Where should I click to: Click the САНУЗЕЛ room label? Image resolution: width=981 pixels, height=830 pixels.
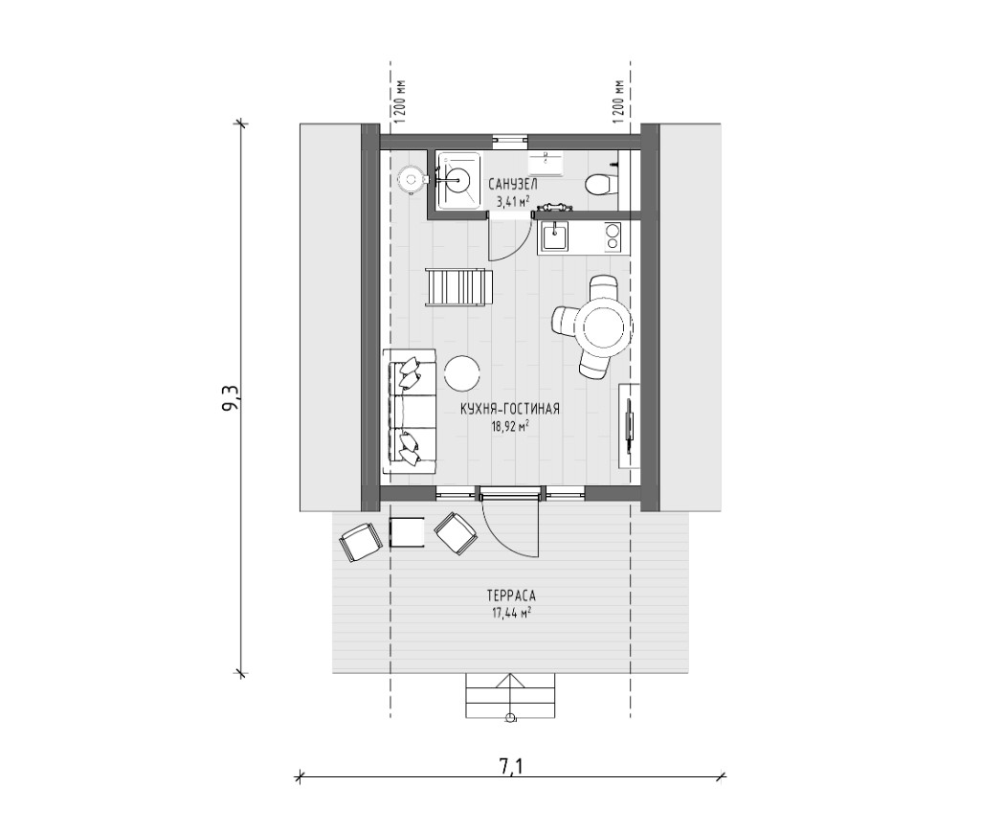(512, 185)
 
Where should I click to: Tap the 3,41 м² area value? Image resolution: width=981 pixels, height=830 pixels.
(513, 201)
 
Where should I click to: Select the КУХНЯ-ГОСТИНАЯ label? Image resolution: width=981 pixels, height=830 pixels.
(510, 410)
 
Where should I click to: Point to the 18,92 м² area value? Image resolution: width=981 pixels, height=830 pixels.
(510, 426)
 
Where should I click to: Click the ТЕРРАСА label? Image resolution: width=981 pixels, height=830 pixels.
(511, 595)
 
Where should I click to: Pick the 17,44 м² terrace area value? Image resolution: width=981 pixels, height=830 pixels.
(511, 613)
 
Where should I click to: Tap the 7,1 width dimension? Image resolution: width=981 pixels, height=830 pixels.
(511, 766)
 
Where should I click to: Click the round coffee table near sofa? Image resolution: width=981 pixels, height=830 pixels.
(462, 372)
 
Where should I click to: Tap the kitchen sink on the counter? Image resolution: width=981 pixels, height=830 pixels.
(554, 236)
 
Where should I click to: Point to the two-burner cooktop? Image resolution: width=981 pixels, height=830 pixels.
(613, 236)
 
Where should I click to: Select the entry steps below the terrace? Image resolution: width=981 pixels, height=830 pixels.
(511, 696)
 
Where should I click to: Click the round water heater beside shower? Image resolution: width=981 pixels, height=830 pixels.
(412, 180)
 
